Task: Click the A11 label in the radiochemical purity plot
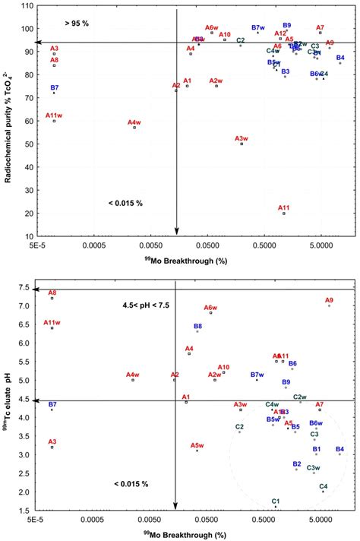click(x=283, y=207)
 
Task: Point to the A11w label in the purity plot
click(x=53, y=115)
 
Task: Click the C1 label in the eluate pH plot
click(x=276, y=501)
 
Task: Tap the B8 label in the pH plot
click(x=197, y=326)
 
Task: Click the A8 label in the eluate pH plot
click(x=52, y=293)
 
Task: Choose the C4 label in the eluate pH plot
click(x=323, y=486)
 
